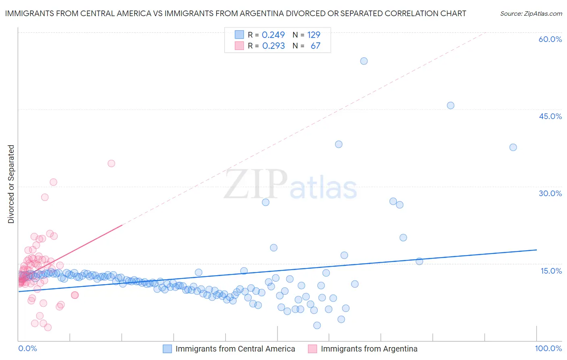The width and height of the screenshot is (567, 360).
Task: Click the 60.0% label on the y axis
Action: [550, 40]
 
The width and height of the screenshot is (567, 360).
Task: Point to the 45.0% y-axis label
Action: [550, 117]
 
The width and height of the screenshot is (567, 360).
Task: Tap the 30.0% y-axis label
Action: [550, 194]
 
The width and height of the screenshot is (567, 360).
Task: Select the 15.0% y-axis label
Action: [551, 271]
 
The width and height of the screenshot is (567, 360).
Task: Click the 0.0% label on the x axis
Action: [27, 349]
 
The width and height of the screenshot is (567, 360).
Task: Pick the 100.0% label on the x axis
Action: [548, 349]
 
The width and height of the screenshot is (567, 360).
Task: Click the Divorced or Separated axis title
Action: [11, 184]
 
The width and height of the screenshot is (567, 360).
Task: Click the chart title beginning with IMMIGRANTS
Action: [236, 14]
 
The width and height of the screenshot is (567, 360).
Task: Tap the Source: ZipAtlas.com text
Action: [531, 14]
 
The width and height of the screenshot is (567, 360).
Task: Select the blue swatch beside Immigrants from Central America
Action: [167, 349]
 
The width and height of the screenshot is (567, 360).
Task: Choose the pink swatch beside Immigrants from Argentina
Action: [313, 349]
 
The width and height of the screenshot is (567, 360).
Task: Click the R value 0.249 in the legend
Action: [273, 35]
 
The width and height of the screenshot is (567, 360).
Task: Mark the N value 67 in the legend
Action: [315, 46]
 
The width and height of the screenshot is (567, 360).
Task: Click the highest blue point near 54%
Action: [364, 61]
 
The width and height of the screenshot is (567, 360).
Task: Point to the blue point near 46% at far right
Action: [450, 106]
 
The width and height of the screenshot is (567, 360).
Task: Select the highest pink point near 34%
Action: [111, 163]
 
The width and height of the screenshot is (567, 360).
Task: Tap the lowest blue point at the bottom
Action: [317, 325]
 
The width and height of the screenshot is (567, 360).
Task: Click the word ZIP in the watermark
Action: [255, 184]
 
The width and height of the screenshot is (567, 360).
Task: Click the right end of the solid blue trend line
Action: [536, 250]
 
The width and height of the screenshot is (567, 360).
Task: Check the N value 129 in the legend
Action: [314, 35]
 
